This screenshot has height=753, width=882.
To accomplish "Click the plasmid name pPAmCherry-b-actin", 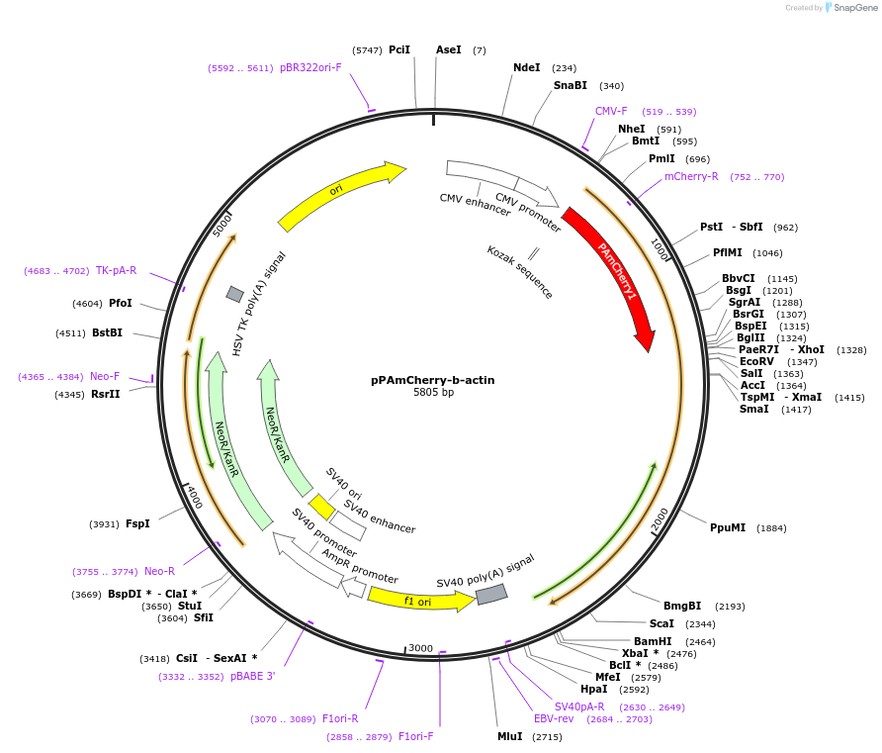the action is [433, 380].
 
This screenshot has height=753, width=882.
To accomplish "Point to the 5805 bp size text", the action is [433, 393].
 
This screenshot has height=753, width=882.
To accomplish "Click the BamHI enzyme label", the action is [653, 641].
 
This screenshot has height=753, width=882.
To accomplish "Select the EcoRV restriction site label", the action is [757, 361].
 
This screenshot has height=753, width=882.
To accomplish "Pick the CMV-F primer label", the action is [611, 111].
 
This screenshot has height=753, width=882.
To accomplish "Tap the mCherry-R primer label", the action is [691, 176].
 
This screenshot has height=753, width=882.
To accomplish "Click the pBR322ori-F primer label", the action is [310, 67].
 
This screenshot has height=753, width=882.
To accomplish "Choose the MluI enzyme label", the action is [509, 736].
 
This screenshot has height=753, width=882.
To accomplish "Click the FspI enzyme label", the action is [137, 523].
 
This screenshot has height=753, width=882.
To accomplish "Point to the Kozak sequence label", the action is [520, 272].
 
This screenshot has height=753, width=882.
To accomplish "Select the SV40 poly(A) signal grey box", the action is [491, 594].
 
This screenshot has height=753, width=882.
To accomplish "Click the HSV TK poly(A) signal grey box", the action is [235, 294].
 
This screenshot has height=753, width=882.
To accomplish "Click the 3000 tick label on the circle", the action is [421, 648].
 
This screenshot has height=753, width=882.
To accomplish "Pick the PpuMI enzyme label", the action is [728, 527].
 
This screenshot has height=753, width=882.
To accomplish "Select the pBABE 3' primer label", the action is [253, 676].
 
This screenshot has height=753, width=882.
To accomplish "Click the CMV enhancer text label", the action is [475, 204].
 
